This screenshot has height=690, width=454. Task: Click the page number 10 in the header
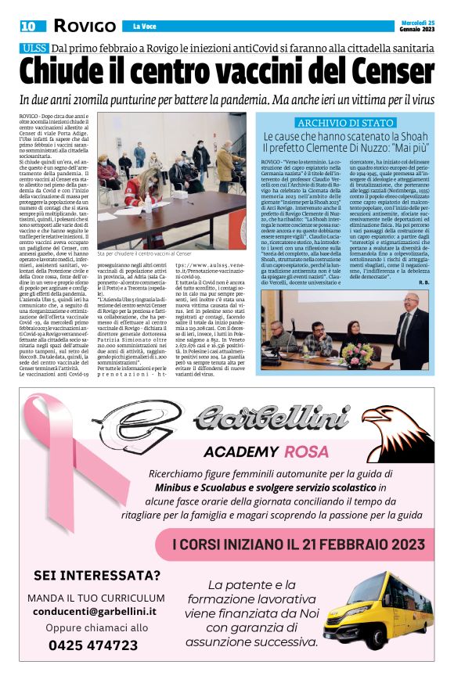click(x=28, y=26)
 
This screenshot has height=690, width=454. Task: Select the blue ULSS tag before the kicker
click(x=35, y=49)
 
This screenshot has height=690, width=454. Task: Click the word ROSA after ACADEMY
click(x=306, y=452)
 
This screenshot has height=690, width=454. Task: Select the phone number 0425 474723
click(x=93, y=645)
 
